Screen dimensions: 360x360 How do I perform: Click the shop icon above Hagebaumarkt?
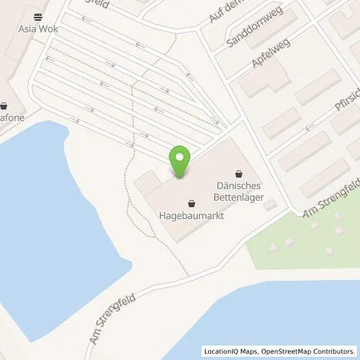[x=190, y=202]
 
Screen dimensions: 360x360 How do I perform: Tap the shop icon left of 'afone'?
[x=5, y=106]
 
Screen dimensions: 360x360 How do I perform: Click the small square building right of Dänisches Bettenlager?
[x=269, y=206]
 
